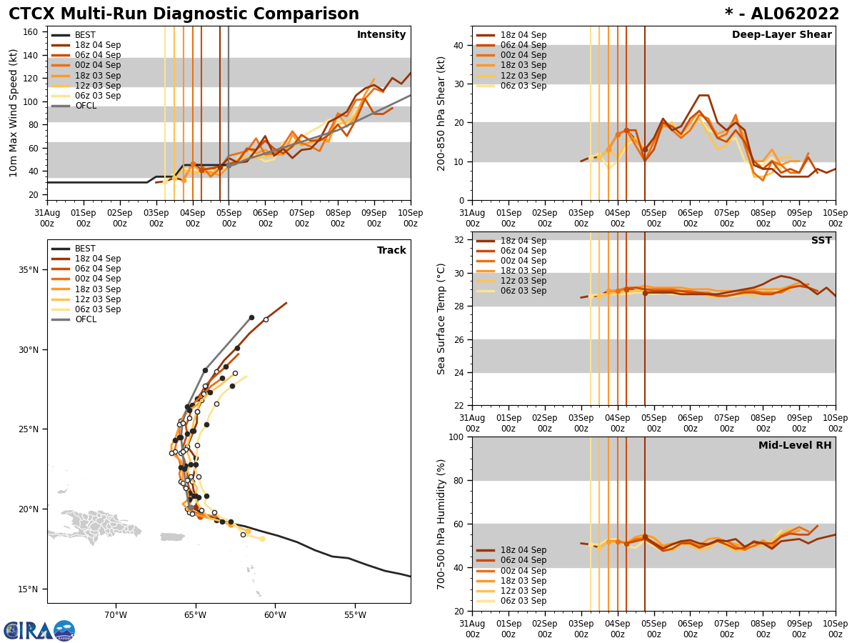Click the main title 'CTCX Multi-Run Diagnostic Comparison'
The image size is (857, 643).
pyautogui.click(x=184, y=14)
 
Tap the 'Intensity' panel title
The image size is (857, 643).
pyautogui.click(x=381, y=35)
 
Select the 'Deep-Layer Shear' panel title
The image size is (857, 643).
pyautogui.click(x=781, y=35)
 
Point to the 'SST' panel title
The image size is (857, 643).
pyautogui.click(x=821, y=241)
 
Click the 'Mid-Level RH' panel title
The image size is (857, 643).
pyautogui.click(x=795, y=446)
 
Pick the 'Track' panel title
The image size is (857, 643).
pyautogui.click(x=391, y=251)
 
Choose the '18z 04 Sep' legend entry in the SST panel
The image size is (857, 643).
pyautogui.click(x=523, y=241)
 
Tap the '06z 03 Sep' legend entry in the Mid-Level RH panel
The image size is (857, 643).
pyautogui.click(x=523, y=601)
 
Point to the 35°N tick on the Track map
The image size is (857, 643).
pyautogui.click(x=29, y=270)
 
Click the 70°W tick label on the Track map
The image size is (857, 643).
pyautogui.click(x=116, y=614)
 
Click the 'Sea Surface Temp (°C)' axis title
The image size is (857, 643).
pyautogui.click(x=441, y=319)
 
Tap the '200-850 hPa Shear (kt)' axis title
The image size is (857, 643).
pyautogui.click(x=441, y=113)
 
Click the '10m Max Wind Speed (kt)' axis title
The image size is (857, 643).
pyautogui.click(x=14, y=113)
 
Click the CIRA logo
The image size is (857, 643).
pyautogui.click(x=39, y=631)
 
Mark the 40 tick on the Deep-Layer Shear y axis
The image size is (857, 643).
pyautogui.click(x=458, y=45)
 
